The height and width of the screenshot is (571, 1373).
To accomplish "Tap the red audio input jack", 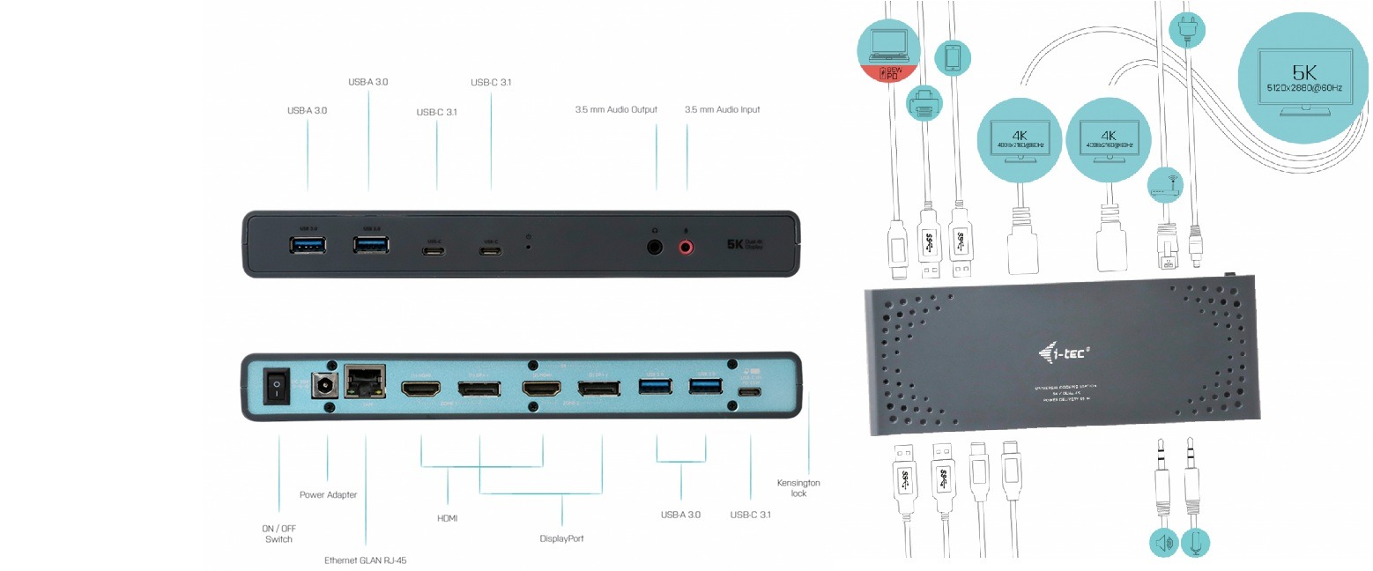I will [x=686, y=247].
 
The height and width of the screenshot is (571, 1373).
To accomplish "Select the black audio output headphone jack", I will [x=655, y=247].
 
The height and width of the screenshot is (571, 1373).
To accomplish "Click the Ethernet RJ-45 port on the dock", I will [x=362, y=384].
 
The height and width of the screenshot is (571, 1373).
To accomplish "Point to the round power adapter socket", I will [x=328, y=385].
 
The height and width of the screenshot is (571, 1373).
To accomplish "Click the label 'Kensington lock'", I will [x=798, y=488].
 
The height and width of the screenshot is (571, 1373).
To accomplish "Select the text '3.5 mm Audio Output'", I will [x=616, y=110].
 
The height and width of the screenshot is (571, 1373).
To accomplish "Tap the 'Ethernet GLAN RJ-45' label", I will [x=365, y=560].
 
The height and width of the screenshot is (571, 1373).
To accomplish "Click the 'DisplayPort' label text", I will [x=561, y=538].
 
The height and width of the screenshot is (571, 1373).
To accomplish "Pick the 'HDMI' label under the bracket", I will [x=448, y=518].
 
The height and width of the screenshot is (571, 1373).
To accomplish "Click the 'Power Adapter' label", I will [x=328, y=495].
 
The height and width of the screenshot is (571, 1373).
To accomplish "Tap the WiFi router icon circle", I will [x=1165, y=184].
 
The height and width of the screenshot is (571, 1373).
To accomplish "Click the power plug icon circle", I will [x=1185, y=28].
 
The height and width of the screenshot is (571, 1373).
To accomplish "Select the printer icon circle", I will [x=924, y=103].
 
